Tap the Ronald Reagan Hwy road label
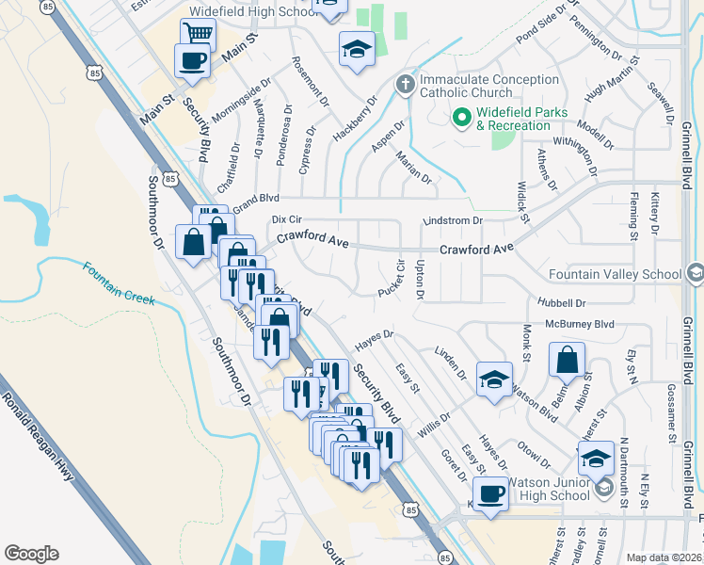click(x=39, y=435)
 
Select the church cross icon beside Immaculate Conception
click(x=406, y=86)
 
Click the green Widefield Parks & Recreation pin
click(x=461, y=118)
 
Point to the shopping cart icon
click(x=198, y=34)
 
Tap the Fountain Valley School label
click(x=616, y=274)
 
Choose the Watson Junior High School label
click(x=549, y=489)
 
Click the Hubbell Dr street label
click(x=562, y=303)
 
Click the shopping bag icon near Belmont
click(x=568, y=359)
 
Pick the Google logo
click(x=31, y=554)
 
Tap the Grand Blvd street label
click(x=257, y=201)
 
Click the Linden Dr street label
click(x=451, y=362)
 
